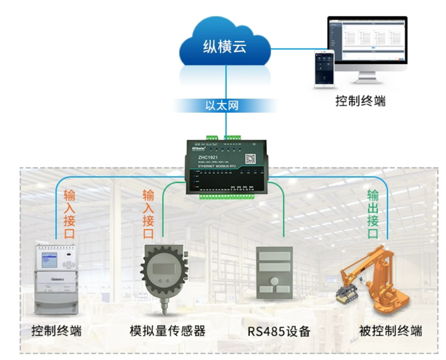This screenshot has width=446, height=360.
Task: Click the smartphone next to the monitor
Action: (324, 69)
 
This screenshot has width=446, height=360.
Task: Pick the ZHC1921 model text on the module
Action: (207, 158)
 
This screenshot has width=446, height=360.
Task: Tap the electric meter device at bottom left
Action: (56, 278)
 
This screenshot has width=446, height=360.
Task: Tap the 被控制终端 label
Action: (391, 330)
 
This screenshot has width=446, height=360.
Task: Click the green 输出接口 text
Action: (373, 215)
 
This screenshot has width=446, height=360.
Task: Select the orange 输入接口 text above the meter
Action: (69, 214)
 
